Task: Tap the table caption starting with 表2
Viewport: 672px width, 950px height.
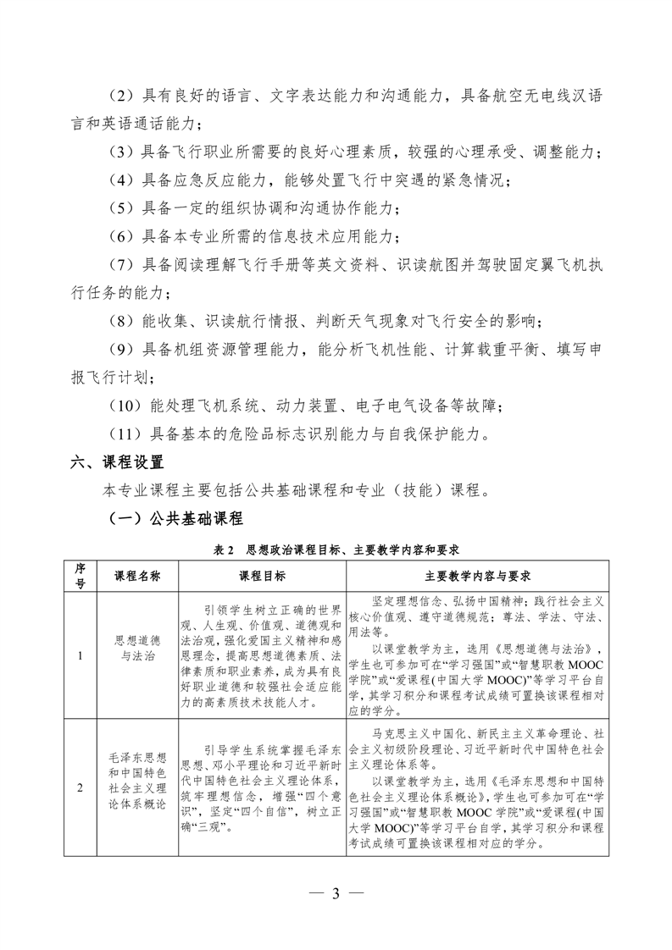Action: (336, 550)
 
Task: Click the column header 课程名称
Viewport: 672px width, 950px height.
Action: (137, 576)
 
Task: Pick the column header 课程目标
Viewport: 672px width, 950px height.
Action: (262, 576)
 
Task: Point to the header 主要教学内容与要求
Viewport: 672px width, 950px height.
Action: (478, 576)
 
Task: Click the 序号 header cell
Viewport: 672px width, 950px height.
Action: (81, 576)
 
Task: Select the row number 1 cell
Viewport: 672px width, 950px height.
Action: (81, 655)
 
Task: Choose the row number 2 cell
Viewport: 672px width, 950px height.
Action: (81, 788)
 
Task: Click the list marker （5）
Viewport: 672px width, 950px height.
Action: (120, 207)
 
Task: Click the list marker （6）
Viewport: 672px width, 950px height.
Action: (120, 235)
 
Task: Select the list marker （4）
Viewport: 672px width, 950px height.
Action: (120, 180)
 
